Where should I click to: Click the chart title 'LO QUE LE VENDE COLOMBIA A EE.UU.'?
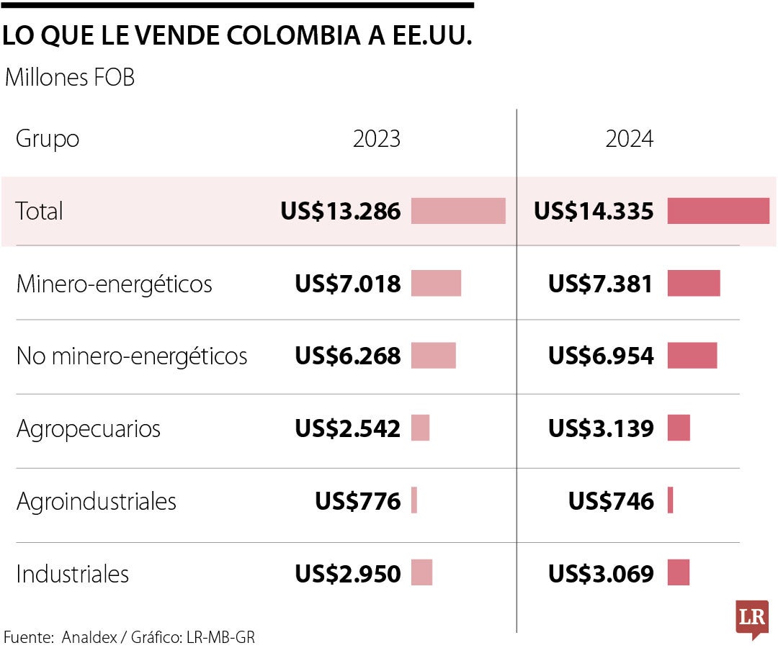tap(238, 37)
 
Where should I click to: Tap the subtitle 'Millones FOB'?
tap(70, 78)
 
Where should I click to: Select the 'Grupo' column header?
tap(48, 138)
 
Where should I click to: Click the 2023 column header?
tap(376, 138)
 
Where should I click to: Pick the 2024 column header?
tap(629, 138)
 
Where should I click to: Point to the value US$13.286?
tap(340, 211)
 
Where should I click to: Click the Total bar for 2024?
tap(717, 211)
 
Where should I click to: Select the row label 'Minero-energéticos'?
tap(114, 284)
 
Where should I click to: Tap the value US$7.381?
tap(601, 284)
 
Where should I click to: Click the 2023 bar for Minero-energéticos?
tap(436, 284)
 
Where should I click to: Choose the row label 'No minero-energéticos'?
tap(132, 356)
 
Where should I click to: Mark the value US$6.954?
tap(601, 356)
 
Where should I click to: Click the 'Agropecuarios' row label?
tap(88, 428)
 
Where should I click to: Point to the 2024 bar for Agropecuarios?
tap(679, 428)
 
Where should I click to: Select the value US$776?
tap(357, 501)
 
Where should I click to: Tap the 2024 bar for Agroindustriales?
tap(671, 500)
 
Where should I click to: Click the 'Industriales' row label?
tap(72, 574)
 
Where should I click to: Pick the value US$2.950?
tap(347, 574)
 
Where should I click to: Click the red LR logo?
tap(751, 618)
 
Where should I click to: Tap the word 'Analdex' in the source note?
tap(88, 637)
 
